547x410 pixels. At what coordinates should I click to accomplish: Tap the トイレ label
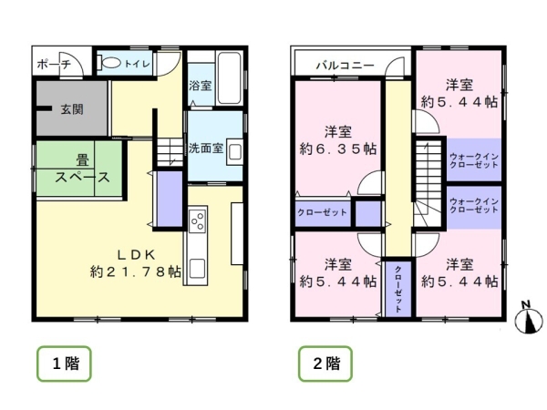138,64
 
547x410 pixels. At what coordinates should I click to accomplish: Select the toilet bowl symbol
110,64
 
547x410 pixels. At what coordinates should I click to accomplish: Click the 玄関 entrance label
72,109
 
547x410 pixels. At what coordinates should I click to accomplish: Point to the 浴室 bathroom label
201,87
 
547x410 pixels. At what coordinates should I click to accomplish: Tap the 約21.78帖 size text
134,271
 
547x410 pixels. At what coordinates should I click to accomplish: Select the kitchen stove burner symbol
197,221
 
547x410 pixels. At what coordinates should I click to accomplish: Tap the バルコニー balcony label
345,66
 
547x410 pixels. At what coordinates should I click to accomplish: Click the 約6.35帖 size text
340,148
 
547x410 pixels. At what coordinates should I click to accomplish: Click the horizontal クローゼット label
322,212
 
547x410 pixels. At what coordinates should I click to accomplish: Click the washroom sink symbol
232,150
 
